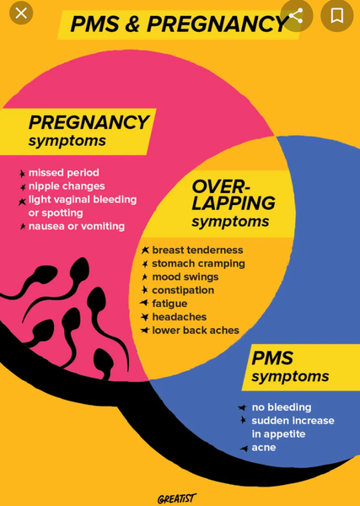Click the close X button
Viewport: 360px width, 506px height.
point(21,13)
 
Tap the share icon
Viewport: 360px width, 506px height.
point(296,15)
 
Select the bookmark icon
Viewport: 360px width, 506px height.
point(337,15)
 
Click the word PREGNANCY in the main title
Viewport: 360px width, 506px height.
point(218,24)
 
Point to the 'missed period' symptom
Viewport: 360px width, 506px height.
point(64,173)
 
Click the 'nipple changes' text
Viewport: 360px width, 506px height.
point(67,186)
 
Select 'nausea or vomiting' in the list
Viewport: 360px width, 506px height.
point(77,226)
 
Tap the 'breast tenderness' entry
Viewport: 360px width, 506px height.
point(197,250)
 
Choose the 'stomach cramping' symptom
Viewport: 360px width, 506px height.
point(198,264)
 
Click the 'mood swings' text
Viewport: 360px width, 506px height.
point(185,277)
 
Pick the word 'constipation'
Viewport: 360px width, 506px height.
point(183,290)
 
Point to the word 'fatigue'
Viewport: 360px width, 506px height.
point(169,304)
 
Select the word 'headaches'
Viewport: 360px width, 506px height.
point(180,317)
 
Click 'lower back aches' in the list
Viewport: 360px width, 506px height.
point(196,331)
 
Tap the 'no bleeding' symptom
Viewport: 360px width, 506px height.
point(282,407)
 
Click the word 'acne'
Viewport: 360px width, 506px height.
point(264,448)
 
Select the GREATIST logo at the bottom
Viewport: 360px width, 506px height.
point(177,498)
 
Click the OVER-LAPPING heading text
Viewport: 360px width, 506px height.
point(234,195)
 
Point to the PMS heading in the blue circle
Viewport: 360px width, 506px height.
point(272,358)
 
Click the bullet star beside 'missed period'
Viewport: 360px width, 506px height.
point(22,174)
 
